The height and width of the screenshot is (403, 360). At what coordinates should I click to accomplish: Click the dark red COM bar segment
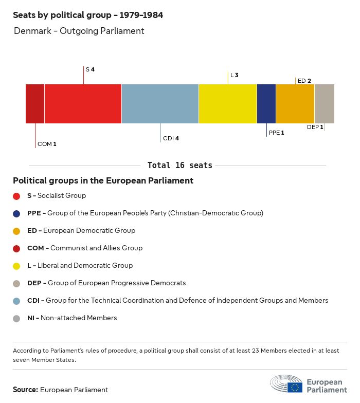tap(35, 104)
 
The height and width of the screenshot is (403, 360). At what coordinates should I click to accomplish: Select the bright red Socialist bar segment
tap(83, 104)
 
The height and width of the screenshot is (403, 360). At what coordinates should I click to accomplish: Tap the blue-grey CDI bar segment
tap(160, 104)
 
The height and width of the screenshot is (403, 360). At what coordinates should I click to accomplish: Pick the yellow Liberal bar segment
tap(228, 104)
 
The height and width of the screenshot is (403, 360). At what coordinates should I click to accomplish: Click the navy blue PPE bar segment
tap(266, 104)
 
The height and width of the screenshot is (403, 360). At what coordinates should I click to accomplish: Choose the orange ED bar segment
tap(295, 104)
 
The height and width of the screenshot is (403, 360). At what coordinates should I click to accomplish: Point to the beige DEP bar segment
tap(325, 104)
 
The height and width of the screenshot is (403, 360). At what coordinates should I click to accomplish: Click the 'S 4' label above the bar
tap(90, 69)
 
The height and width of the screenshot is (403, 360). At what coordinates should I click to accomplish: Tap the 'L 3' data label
tap(235, 75)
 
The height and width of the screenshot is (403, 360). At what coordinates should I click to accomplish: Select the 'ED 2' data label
tap(304, 81)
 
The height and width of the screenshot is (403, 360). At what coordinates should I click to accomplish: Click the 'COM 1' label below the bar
tap(47, 144)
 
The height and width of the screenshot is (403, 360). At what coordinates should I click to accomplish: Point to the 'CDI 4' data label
tap(171, 138)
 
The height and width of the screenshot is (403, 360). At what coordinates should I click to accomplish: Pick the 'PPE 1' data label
tap(276, 133)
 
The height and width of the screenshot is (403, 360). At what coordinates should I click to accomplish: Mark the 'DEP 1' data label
tap(315, 127)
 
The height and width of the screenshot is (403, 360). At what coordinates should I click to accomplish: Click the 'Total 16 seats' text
tap(179, 166)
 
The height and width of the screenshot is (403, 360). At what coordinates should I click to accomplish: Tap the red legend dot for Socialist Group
tap(16, 196)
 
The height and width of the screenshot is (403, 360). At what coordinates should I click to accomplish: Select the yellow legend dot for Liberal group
tap(16, 266)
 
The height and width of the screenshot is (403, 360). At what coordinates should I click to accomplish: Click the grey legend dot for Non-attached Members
tap(16, 318)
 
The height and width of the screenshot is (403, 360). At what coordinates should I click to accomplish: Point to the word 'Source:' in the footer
tap(25, 390)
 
